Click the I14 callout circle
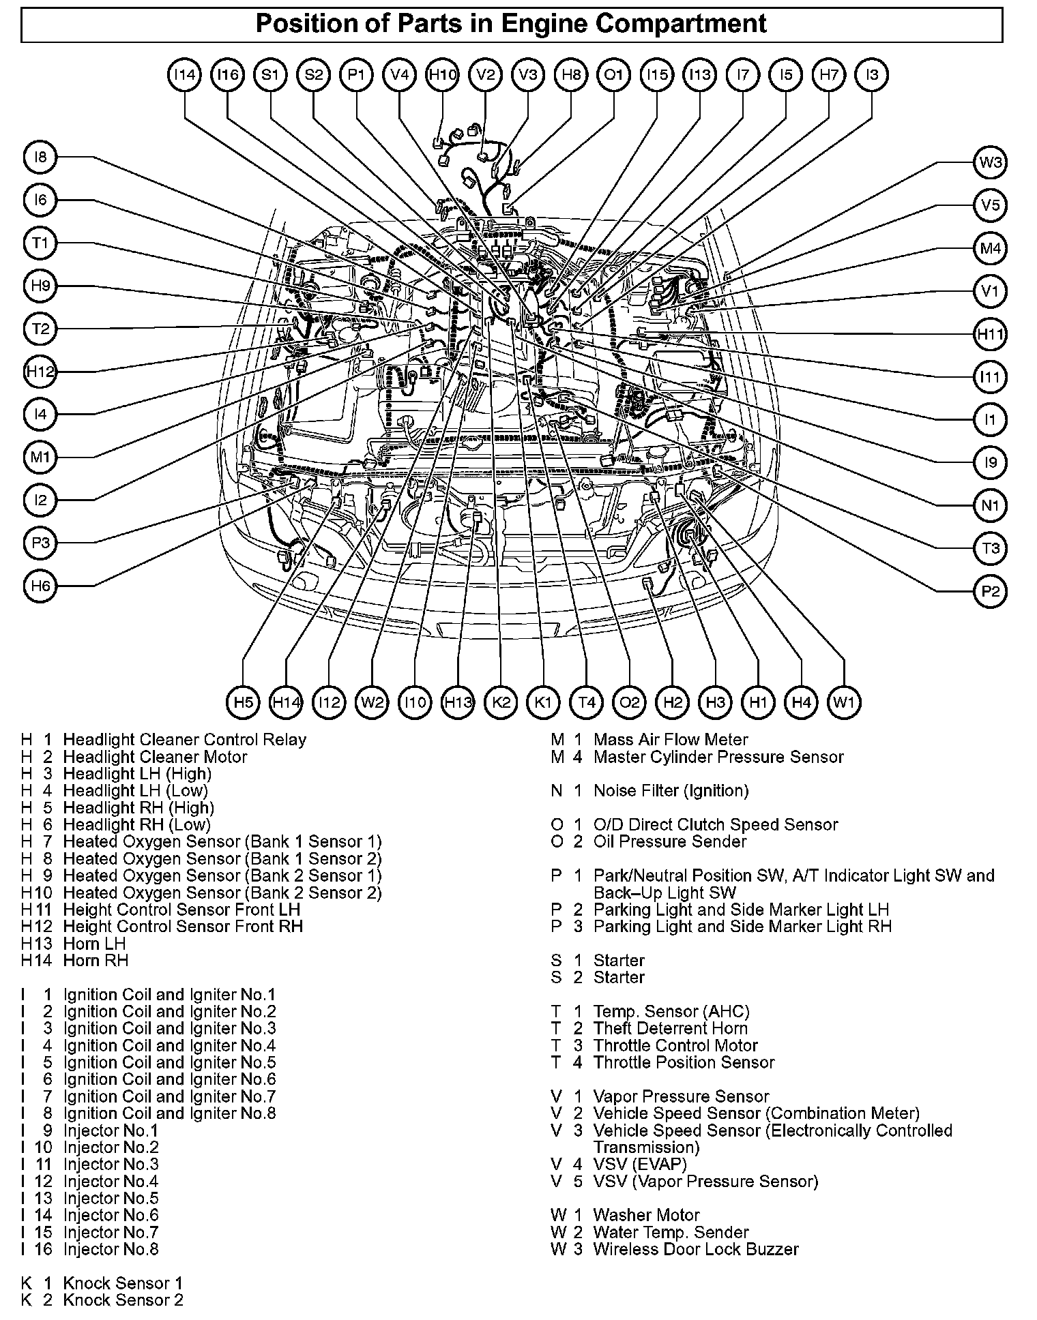184,75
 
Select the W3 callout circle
990,162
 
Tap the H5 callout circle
243,702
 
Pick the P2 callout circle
990,591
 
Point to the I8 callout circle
41,157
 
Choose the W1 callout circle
844,702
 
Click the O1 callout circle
614,75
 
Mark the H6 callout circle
41,586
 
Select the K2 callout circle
501,702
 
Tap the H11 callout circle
990,334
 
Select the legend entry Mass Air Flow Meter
670,740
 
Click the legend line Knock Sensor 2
123,1300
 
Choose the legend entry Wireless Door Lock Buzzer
695,1249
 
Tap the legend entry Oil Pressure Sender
670,841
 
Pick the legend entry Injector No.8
111,1249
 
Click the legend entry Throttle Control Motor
675,1045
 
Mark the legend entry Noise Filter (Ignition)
671,791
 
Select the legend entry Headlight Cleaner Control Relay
184,740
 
